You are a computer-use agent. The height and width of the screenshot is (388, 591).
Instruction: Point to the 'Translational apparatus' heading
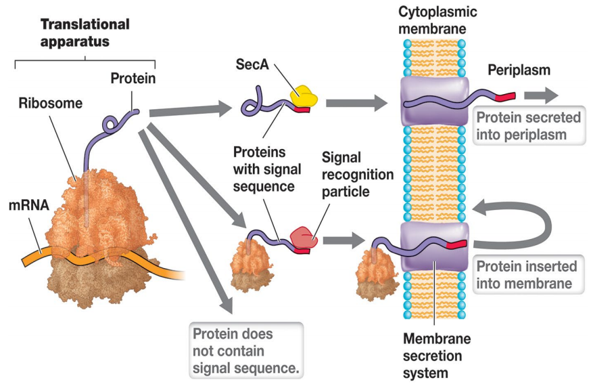[x=85, y=33]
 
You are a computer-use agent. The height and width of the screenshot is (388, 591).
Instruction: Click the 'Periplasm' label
[x=519, y=70]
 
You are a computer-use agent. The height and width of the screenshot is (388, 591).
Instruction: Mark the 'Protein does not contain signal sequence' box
[x=246, y=351]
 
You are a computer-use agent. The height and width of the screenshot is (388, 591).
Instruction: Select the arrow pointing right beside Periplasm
[x=541, y=95]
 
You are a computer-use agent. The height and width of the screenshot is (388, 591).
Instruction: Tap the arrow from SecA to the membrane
[x=355, y=103]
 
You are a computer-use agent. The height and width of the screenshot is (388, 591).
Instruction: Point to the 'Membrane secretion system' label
[x=436, y=355]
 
